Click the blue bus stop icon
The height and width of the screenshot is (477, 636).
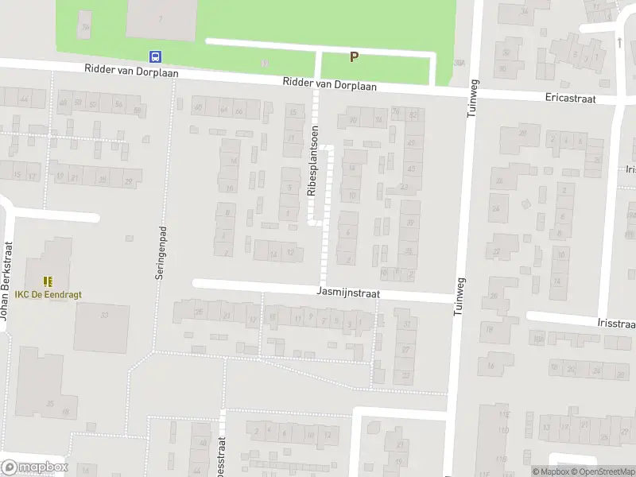156,56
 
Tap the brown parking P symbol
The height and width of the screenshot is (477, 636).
355,56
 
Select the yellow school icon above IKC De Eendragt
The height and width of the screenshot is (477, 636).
48,281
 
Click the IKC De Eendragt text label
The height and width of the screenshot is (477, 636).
48,294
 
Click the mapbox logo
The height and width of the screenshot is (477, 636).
35,467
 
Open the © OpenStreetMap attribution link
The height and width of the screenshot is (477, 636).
602,471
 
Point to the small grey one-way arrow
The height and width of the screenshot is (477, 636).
619,41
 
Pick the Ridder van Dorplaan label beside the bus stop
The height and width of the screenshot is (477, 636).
132,72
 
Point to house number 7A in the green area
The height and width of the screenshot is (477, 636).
162,17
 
